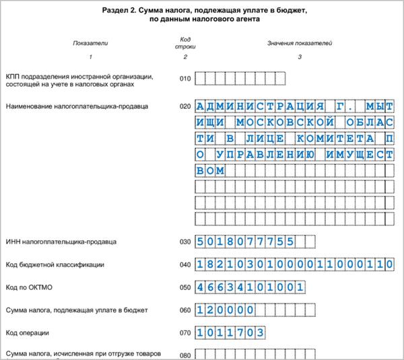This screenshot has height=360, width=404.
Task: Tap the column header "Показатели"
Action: coord(91,44)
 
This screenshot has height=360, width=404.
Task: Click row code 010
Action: coord(185,79)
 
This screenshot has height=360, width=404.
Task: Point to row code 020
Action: coord(185,106)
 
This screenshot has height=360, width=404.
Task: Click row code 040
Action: coord(185,264)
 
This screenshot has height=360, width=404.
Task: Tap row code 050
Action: coord(185,287)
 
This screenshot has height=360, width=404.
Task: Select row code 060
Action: coord(185,310)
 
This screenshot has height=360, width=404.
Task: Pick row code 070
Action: coord(185,333)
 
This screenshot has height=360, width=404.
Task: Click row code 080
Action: coord(185,355)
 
